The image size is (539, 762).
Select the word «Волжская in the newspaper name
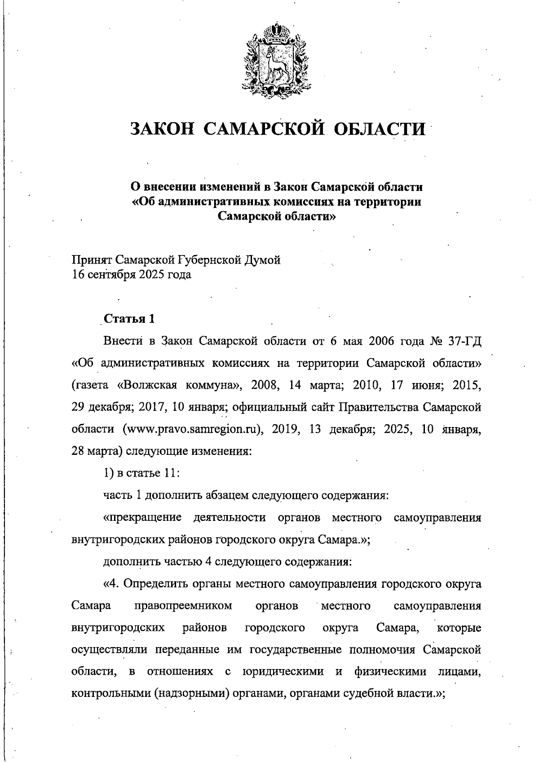(x=146, y=385)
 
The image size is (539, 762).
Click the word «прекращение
(x=142, y=518)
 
